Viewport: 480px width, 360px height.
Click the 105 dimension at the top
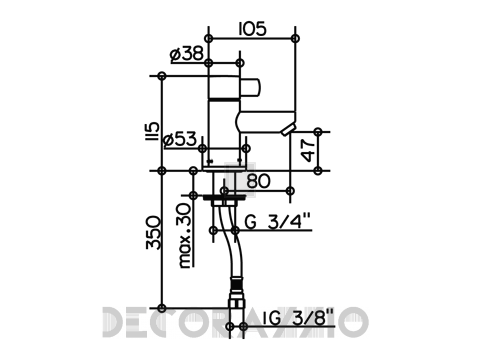253,29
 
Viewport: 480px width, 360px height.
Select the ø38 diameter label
187,55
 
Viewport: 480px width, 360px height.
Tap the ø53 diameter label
180,140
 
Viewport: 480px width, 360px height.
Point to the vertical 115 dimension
153,131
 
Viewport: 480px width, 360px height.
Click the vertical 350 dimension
153,232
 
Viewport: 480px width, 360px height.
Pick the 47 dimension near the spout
308,151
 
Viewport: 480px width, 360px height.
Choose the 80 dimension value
258,182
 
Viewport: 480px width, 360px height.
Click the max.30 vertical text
185,236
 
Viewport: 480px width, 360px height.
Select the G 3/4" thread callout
277,222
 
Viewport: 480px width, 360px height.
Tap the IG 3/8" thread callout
298,318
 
